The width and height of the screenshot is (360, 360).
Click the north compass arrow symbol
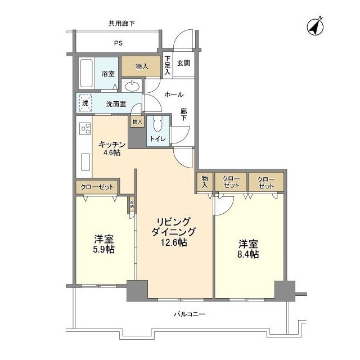(x=314, y=26)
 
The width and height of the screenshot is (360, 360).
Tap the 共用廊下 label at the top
(x=122, y=23)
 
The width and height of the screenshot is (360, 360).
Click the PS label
(x=118, y=43)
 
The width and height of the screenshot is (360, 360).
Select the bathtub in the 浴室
(x=86, y=73)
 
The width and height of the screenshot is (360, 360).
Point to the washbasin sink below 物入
(x=133, y=86)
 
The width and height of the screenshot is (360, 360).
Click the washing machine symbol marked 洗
(x=85, y=103)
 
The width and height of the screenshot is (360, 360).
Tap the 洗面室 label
(x=115, y=104)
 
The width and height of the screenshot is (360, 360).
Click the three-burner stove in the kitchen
(x=85, y=129)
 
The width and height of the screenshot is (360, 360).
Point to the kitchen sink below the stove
(x=85, y=161)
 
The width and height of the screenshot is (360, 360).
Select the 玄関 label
(x=183, y=63)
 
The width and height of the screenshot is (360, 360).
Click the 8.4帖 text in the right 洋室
(x=248, y=254)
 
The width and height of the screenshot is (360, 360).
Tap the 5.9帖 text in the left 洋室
(x=103, y=249)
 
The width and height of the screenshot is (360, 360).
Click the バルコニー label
(x=186, y=314)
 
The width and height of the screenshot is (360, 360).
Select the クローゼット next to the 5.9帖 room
(x=97, y=187)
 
